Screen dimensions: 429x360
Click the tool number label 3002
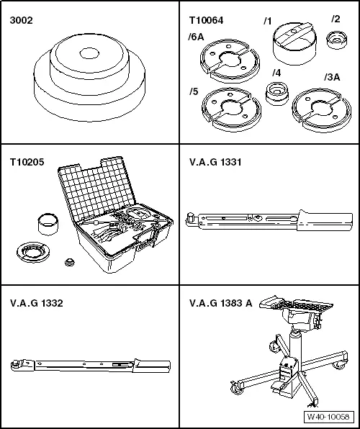21,20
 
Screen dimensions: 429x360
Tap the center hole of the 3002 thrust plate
90,53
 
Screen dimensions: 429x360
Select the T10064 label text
205,20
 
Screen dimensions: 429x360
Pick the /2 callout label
336,19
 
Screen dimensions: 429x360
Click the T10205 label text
25,163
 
